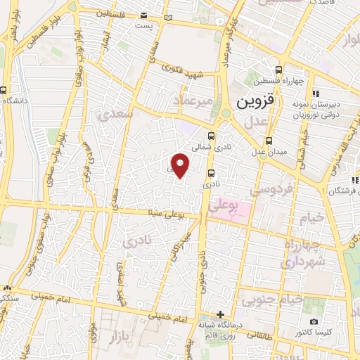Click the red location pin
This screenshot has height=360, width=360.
pyautogui.click(x=181, y=165)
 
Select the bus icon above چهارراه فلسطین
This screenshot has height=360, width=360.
pyautogui.click(x=280, y=70)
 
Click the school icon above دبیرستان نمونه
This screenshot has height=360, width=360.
pyautogui.click(x=316, y=94)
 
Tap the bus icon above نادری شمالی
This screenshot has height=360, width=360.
pyautogui.click(x=212, y=136)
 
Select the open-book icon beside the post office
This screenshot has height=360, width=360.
pyautogui.click(x=166, y=15)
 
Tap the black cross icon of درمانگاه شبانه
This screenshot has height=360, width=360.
pyautogui.click(x=221, y=314)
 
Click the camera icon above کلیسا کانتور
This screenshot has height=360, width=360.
pyautogui.click(x=313, y=321)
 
